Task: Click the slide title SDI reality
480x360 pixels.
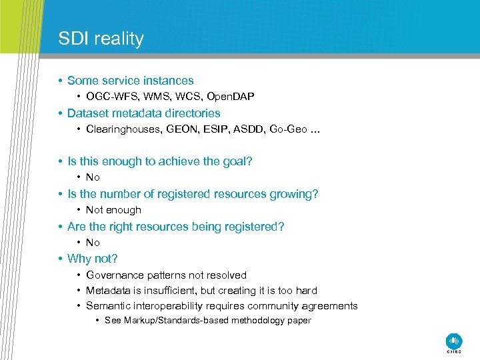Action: [x=101, y=39]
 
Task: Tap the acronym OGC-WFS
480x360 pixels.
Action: [x=110, y=97]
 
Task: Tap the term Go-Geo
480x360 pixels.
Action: [x=289, y=129]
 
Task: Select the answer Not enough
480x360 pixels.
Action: [x=113, y=210]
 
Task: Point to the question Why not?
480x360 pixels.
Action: [x=92, y=259]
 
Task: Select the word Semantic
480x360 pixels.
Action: [x=108, y=306]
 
